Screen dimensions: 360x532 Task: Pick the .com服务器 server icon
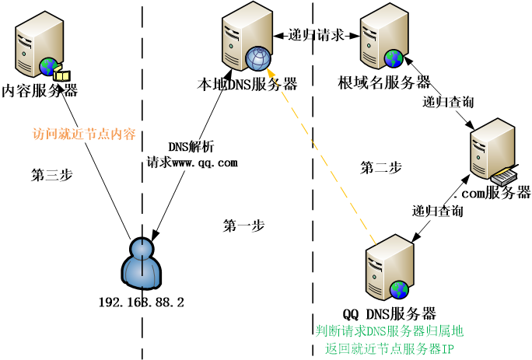[493, 152]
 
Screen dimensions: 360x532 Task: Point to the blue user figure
[142, 264]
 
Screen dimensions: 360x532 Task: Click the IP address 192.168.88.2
[142, 302]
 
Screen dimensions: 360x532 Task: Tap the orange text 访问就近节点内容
[84, 134]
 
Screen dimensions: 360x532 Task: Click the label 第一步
[243, 226]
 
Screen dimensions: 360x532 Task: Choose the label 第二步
[381, 167]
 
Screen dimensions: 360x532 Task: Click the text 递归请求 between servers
[315, 35]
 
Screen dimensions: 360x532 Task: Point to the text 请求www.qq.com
[192, 163]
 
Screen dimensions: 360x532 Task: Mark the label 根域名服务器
[384, 82]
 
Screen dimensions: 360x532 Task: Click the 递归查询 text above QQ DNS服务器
[438, 211]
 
